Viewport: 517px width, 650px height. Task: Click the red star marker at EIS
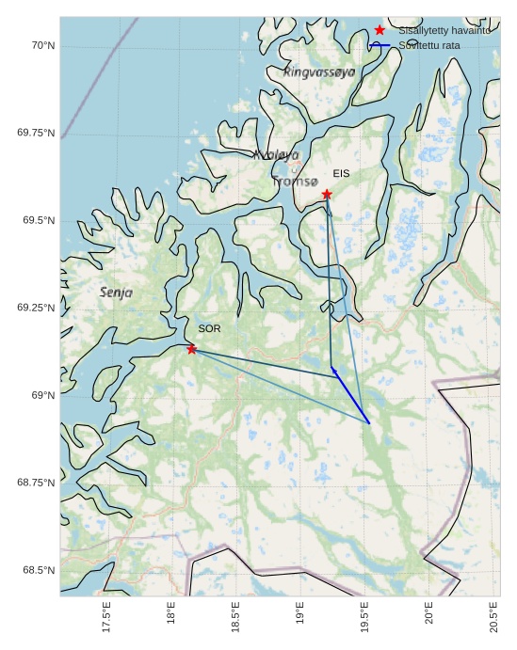327,195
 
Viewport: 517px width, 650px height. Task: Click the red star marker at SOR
192,349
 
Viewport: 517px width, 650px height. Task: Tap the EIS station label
341,174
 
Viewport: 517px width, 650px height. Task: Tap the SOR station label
209,328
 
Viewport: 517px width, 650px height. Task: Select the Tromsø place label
295,181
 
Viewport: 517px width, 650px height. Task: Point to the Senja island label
116,293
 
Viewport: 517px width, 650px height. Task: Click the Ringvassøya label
319,71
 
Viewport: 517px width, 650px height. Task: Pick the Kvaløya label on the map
276,154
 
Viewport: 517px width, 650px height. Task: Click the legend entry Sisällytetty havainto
444,31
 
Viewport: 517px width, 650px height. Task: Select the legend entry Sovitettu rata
429,45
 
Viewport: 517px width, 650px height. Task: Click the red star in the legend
380,30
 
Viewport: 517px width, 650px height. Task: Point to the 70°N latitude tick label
40,45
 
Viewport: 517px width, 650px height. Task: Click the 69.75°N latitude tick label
36,133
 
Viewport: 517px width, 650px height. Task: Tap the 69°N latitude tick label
40,395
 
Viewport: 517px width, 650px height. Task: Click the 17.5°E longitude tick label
106,617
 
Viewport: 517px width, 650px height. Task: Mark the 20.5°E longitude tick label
494,617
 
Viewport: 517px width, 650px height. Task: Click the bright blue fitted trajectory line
350,396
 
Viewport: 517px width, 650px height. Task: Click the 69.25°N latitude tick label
36,308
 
